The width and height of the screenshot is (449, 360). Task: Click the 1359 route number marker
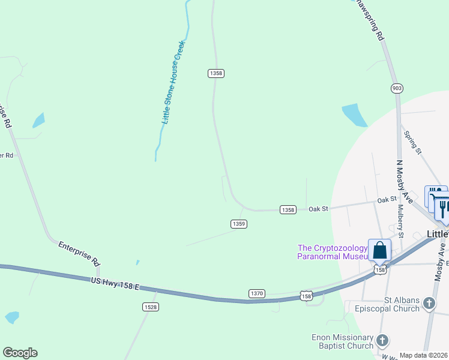point(239,224)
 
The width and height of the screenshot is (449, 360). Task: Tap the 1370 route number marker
point(256,293)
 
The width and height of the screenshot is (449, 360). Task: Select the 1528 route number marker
point(151,307)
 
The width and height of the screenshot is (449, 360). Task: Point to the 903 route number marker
point(396,88)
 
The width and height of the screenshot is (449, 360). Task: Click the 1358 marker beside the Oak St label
point(288,209)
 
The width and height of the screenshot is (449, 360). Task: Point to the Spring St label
point(413,142)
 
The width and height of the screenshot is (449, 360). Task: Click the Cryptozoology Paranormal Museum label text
point(332,252)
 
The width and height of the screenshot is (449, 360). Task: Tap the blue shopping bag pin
point(380,250)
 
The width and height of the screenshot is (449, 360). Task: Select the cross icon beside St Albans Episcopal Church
point(429,304)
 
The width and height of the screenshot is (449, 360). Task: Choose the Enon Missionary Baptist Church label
point(343,341)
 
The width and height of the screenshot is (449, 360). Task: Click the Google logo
point(20,353)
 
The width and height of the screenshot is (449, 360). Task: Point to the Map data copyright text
point(424,355)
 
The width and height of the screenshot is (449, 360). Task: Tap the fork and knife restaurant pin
point(442,207)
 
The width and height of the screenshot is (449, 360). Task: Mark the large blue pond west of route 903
point(354,115)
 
